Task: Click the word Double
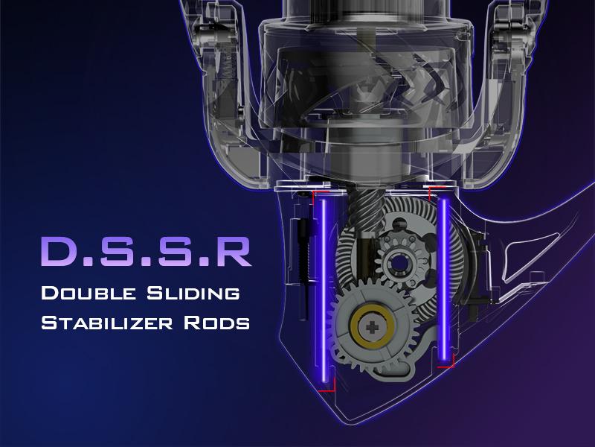[88, 293]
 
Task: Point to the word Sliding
[193, 293]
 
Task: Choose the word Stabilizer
[106, 323]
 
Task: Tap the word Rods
[216, 323]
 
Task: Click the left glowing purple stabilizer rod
[324, 290]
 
